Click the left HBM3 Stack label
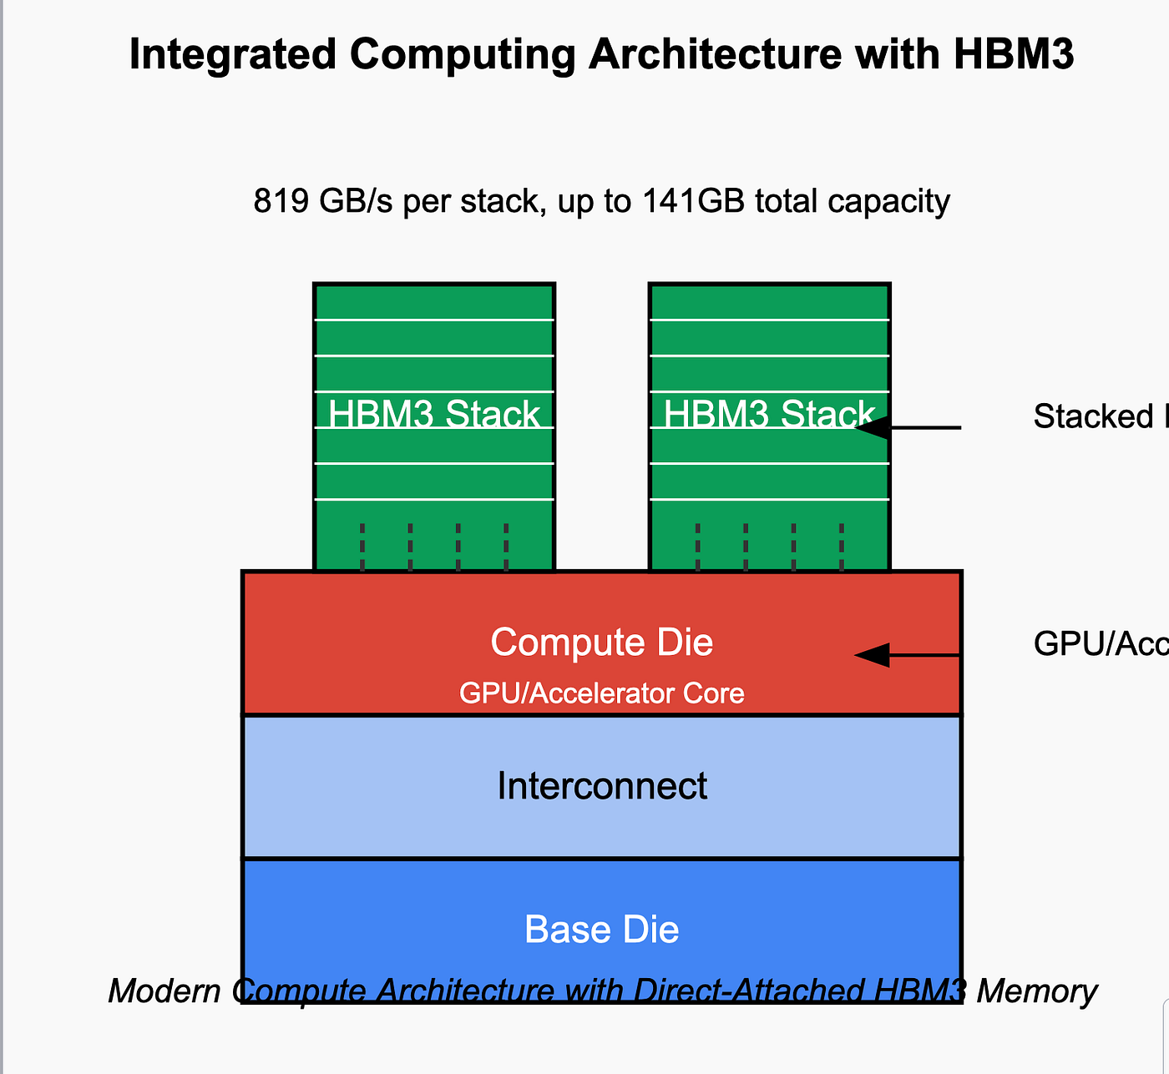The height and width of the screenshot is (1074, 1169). [x=434, y=415]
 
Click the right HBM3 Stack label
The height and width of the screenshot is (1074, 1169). [x=768, y=415]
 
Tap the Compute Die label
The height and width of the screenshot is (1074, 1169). [x=601, y=643]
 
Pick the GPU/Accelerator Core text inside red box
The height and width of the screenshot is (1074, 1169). [x=601, y=693]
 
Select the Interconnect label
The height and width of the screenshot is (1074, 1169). [x=601, y=786]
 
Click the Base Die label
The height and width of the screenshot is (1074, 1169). [x=601, y=930]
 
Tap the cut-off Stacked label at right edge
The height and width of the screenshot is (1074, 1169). [x=1094, y=416]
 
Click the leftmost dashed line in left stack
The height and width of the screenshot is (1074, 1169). [x=362, y=547]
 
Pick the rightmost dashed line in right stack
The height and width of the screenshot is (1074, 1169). [x=842, y=547]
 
